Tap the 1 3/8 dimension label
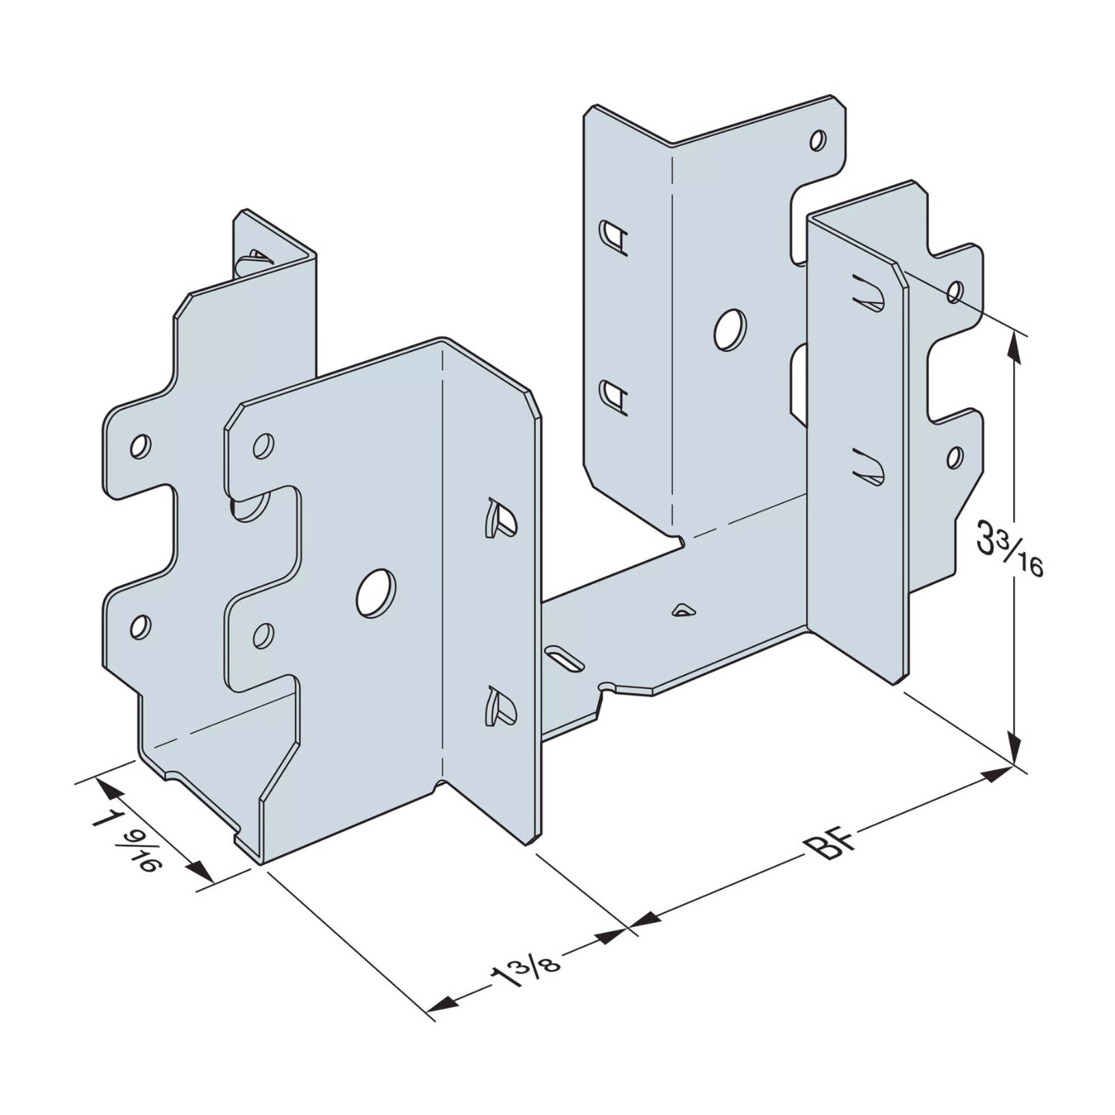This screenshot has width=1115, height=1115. (x=525, y=974)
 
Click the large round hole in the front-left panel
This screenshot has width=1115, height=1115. (x=376, y=593)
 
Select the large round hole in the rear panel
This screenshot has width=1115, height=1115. (x=729, y=329)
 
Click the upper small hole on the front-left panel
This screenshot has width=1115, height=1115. (x=263, y=446)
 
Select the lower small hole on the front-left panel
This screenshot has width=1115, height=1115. (x=263, y=634)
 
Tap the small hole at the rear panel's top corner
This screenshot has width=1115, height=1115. (x=818, y=140)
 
